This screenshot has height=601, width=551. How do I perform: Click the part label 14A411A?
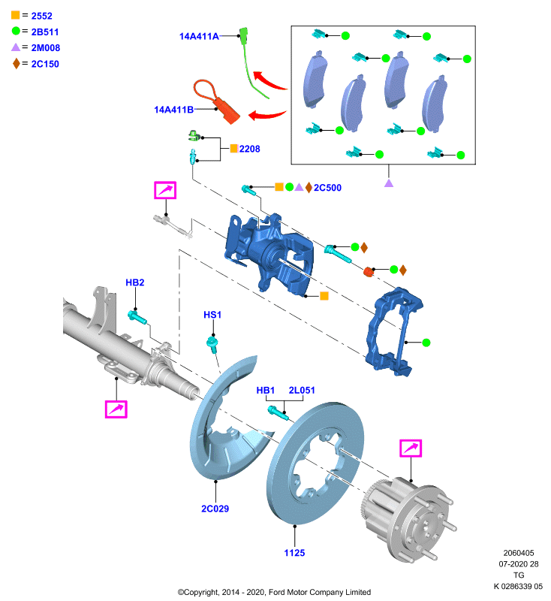(199, 36)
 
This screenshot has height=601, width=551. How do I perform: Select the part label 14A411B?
(174, 110)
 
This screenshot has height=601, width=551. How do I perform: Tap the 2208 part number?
(250, 149)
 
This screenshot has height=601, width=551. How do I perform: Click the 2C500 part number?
(327, 188)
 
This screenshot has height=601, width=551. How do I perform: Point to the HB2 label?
(135, 282)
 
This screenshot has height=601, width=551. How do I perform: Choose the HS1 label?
(212, 315)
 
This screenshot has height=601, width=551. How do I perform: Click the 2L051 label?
(302, 390)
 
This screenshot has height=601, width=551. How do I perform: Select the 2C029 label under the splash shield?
(215, 509)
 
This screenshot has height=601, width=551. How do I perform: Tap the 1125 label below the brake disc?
(294, 553)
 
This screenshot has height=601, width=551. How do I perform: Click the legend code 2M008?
(46, 48)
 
